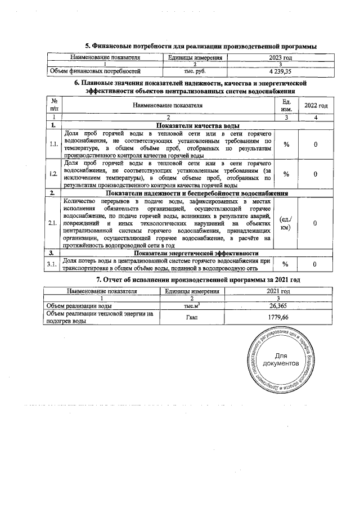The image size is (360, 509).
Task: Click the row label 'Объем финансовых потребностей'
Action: [95, 71]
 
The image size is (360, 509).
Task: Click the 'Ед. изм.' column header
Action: [286, 105]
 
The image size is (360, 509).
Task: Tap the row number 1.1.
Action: [53, 145]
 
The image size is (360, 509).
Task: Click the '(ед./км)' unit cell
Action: [286, 223]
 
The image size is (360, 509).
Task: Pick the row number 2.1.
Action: [53, 223]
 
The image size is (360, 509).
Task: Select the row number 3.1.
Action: [53, 264]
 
